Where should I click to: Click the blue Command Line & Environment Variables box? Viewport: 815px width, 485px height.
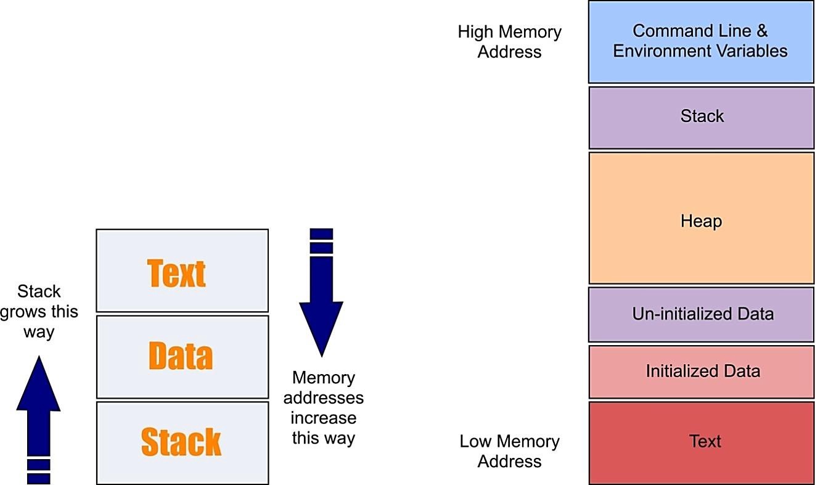point(701,42)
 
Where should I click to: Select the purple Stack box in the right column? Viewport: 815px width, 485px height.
point(701,117)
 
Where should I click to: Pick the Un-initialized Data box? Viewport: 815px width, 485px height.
point(701,314)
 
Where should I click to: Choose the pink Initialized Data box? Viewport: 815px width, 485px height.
point(701,371)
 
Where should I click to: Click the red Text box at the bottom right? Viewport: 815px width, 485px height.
point(701,442)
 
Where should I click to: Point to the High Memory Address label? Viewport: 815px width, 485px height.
point(509,42)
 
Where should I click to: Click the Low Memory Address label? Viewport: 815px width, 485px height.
point(509,451)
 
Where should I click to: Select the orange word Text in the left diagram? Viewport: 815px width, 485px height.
point(176,273)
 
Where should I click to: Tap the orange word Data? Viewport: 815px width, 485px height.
point(181,356)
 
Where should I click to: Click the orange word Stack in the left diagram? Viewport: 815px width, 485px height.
point(181,442)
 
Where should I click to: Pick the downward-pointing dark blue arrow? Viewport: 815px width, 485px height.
point(321,293)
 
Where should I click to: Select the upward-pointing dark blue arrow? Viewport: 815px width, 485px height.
point(38,419)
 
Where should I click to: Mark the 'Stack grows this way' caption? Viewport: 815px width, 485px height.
point(39,312)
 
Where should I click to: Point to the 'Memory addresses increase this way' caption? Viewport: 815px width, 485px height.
point(323,408)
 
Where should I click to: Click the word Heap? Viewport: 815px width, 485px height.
point(701,221)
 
